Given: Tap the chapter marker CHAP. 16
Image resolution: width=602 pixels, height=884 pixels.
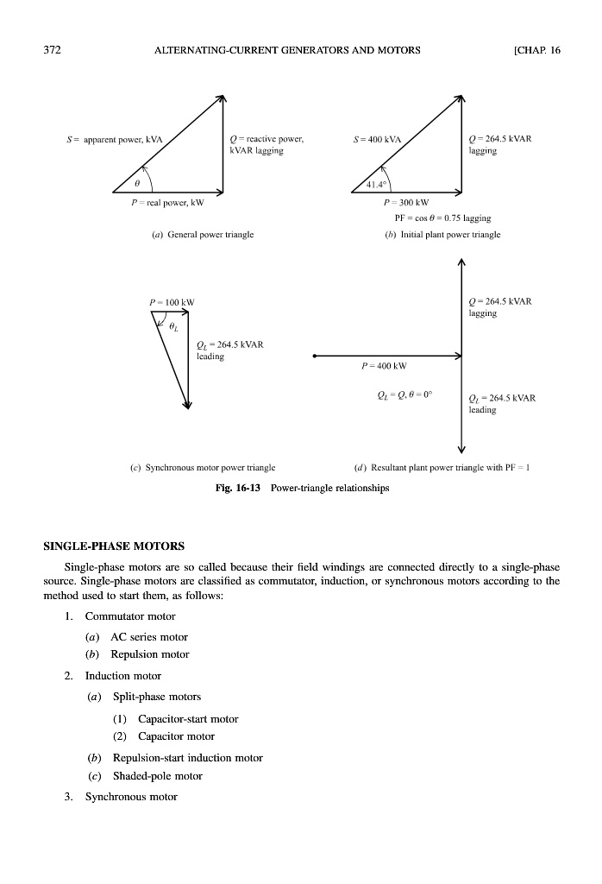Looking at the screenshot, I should tap(536, 50).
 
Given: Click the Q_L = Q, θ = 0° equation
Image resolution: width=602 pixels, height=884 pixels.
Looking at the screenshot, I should tap(404, 396).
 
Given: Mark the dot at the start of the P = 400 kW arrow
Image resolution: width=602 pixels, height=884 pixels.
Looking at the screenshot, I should tap(315, 355).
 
